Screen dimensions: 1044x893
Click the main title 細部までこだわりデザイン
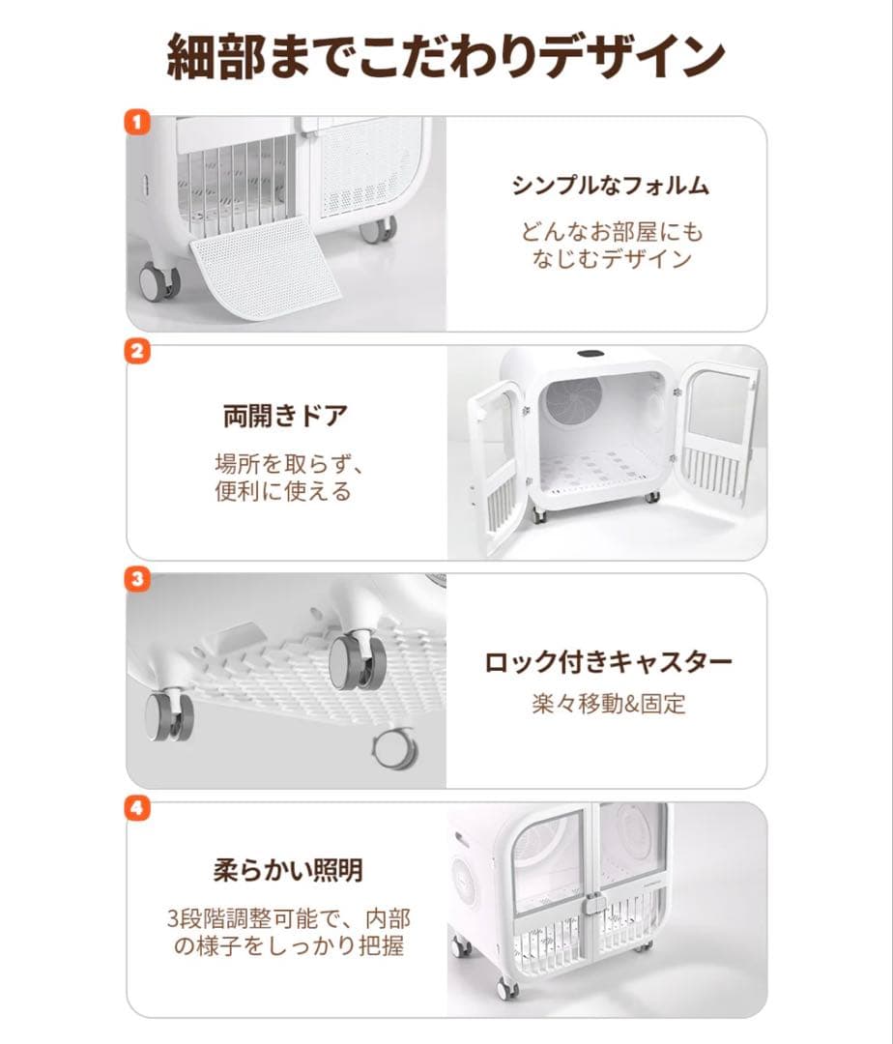click(x=446, y=57)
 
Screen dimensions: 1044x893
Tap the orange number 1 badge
click(x=138, y=123)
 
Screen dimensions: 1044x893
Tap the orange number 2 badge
click(x=138, y=351)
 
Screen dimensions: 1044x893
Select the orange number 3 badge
click(x=138, y=579)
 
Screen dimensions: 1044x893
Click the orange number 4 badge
click(x=138, y=807)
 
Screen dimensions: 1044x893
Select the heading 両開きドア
click(x=285, y=417)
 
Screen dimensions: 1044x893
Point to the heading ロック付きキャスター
click(x=608, y=662)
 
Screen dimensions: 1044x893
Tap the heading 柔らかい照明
click(x=287, y=870)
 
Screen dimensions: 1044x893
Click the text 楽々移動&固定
click(x=608, y=704)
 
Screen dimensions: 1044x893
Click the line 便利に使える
click(x=282, y=491)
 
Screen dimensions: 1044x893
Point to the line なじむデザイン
click(x=612, y=259)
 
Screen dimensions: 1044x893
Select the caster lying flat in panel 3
click(x=392, y=746)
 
